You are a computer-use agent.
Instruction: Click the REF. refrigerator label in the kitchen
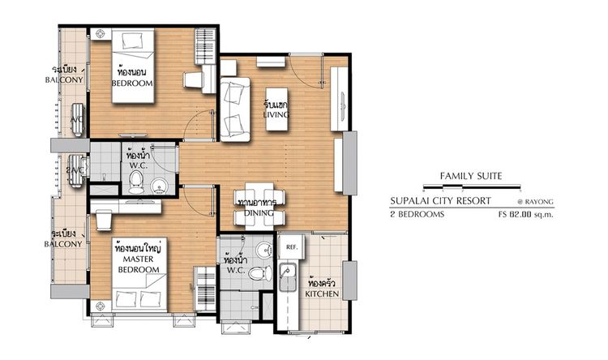coord(292,246)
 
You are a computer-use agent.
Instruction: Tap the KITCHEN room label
coord(322,294)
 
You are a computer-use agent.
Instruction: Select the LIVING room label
coord(276,114)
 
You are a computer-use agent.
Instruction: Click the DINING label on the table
coord(259,213)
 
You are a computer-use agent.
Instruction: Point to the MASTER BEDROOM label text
coord(139,264)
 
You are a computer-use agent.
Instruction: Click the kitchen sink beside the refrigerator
coord(288,276)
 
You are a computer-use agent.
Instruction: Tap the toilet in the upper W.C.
coord(135,182)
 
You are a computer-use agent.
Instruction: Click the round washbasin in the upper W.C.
coord(159,186)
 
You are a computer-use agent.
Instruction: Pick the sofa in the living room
coord(235,109)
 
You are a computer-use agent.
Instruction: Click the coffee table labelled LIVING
coord(276,109)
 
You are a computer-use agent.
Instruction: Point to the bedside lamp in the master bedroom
coord(100,306)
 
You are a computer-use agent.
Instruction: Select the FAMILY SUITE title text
coord(471,176)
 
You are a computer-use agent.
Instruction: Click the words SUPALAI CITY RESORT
coord(440,201)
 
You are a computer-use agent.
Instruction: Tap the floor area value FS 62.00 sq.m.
coord(526,214)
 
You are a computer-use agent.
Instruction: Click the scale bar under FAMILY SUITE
coord(472,187)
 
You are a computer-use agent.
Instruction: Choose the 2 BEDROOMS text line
coord(417,214)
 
